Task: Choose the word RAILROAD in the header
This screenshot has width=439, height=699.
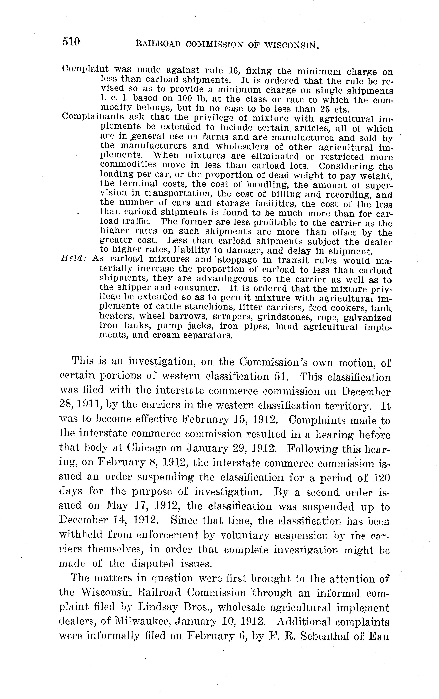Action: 158,45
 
